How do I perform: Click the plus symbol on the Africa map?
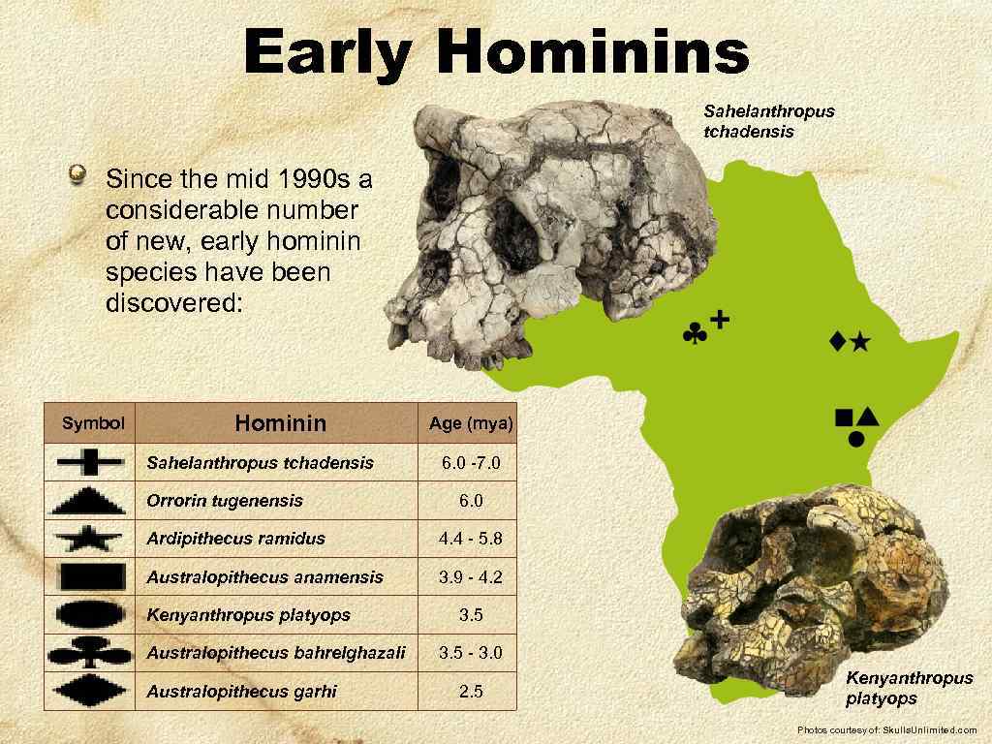tap(720, 319)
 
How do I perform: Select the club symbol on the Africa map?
tap(695, 335)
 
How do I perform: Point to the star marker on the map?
tap(860, 342)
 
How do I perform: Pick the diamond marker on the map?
tap(837, 341)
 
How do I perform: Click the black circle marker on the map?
tap(856, 439)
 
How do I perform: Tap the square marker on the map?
tap(844, 418)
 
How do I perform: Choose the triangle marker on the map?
tap(867, 416)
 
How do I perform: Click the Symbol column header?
tap(93, 423)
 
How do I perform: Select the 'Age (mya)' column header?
tap(471, 423)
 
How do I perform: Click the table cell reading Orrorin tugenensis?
tap(225, 501)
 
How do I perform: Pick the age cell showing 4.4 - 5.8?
tap(471, 539)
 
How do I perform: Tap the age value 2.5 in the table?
tap(471, 692)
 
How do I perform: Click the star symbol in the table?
tap(90, 539)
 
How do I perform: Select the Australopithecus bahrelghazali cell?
tap(276, 653)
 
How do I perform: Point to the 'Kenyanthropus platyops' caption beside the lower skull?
tap(909, 688)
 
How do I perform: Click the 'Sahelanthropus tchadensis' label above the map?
tap(768, 121)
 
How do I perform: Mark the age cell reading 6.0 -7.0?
tap(471, 463)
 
